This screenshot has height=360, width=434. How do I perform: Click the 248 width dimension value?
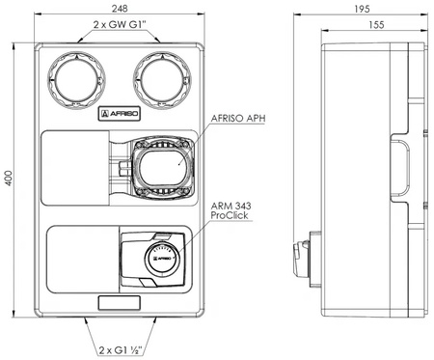[120, 9]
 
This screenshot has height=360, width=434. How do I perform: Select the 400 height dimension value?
[9, 178]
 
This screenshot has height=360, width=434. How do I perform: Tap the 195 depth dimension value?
[362, 9]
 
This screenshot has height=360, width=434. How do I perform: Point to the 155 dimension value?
[376, 25]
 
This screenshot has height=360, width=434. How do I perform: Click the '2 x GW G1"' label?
[120, 24]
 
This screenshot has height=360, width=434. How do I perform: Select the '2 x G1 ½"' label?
[121, 349]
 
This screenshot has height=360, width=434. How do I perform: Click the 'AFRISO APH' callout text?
[238, 118]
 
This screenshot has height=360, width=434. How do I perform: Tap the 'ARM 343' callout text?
[231, 206]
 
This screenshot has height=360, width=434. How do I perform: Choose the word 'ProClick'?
[230, 215]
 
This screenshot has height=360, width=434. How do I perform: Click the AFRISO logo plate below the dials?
[120, 114]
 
